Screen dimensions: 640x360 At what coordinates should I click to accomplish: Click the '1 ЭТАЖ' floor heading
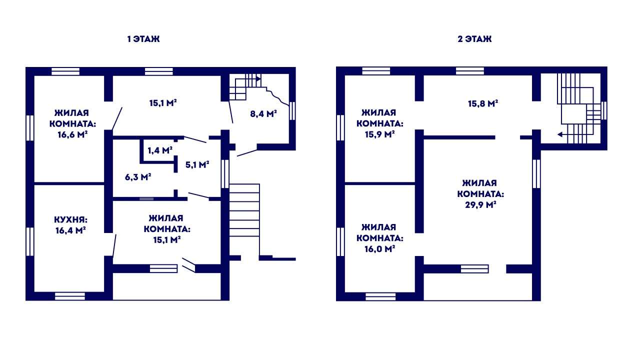(143, 39)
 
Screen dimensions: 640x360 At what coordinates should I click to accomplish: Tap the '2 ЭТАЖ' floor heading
(474, 39)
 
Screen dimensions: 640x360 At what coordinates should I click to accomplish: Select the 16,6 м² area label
(72, 134)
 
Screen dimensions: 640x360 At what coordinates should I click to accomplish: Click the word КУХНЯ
(70, 219)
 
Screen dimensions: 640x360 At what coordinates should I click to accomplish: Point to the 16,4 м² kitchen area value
(70, 230)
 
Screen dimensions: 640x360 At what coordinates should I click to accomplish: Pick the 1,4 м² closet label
(160, 150)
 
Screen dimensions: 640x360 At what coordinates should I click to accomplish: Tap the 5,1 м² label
(197, 164)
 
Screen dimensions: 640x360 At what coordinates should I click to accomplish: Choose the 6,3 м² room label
(138, 177)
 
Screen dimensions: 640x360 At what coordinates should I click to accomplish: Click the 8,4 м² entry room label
(263, 114)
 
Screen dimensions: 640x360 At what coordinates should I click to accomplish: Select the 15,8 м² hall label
(483, 103)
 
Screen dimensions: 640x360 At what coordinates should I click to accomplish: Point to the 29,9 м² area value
(480, 205)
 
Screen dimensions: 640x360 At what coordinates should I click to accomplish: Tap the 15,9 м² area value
(379, 134)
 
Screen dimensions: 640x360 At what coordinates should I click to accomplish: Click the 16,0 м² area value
(379, 249)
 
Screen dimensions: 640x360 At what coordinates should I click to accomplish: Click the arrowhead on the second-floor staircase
(560, 134)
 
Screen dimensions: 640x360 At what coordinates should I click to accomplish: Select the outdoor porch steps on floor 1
(244, 210)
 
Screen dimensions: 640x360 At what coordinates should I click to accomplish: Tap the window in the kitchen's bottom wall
(69, 296)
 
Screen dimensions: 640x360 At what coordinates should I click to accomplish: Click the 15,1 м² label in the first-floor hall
(163, 103)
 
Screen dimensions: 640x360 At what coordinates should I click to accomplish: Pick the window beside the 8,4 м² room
(292, 111)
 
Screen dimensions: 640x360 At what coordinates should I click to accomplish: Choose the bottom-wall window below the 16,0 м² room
(380, 296)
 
